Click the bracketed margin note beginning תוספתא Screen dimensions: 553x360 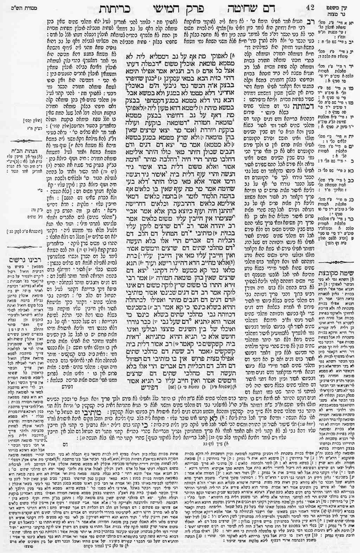[22, 232]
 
